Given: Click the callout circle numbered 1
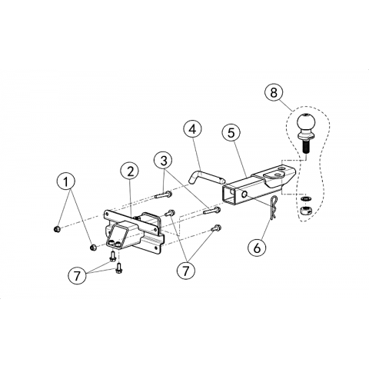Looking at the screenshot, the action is pos(66,181).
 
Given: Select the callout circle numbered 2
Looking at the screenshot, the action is pos(131,171).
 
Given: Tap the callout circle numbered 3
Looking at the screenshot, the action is pos(164,161).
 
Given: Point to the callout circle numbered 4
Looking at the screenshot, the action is pos(192,129).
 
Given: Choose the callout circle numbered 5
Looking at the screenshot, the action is pos(231,133).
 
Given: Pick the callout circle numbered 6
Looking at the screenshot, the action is pos(257,248).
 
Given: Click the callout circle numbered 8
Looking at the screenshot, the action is pos(274,92).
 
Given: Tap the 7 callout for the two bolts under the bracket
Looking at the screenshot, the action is pos(78,276).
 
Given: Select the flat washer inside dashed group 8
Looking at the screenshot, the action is pos(305,198).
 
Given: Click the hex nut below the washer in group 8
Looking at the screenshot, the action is pos(305,210).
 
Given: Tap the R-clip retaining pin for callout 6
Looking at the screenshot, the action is pos(274,208).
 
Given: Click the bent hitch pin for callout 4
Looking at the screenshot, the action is pos(207,178).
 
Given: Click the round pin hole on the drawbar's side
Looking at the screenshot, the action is pos(244,194).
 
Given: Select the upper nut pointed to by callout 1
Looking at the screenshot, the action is pos(58,228).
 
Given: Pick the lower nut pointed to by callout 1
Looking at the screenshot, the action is pos(93,248).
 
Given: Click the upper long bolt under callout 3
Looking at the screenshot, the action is pos(164,194).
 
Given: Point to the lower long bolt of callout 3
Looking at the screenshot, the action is pos(212,211).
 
